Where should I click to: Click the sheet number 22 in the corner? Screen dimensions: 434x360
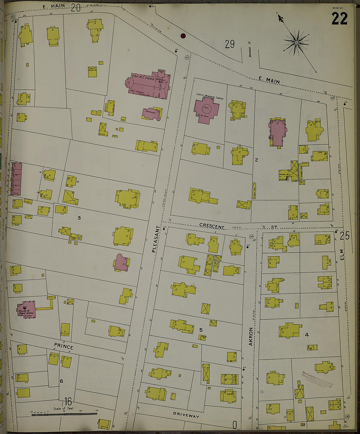(x=339, y=19)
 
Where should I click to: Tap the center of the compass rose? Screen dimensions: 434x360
(x=297, y=43)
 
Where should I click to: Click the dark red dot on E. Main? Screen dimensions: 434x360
(x=183, y=36)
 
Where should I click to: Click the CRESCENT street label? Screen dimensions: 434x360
(x=212, y=227)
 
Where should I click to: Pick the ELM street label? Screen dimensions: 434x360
(x=342, y=254)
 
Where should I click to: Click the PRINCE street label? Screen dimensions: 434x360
(x=63, y=347)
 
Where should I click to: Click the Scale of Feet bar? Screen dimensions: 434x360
(x=64, y=414)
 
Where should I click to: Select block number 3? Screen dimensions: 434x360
(x=79, y=218)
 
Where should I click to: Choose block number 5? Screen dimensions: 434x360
(x=201, y=330)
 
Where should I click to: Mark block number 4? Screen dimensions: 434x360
(x=307, y=335)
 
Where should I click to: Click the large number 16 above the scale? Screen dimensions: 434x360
(x=68, y=401)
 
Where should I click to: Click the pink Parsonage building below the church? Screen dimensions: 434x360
(x=152, y=113)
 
